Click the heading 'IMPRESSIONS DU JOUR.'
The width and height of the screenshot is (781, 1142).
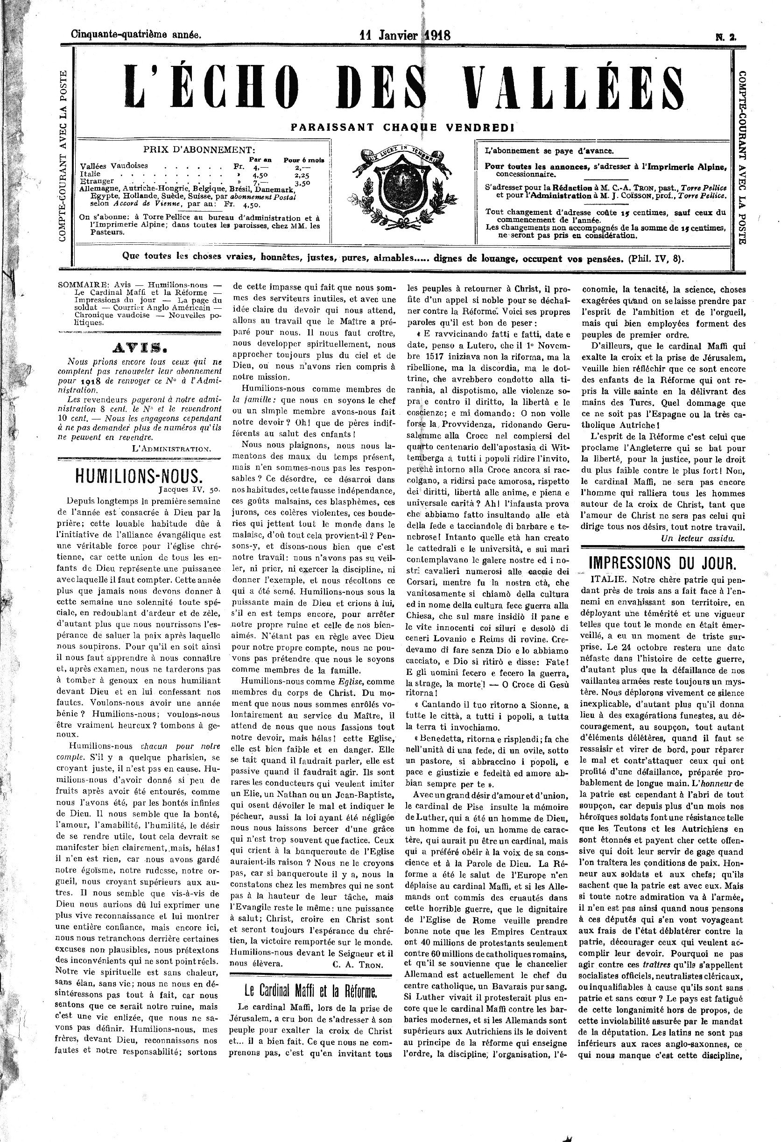click(x=662, y=562)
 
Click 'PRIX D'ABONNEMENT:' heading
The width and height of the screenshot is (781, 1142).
click(x=199, y=149)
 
